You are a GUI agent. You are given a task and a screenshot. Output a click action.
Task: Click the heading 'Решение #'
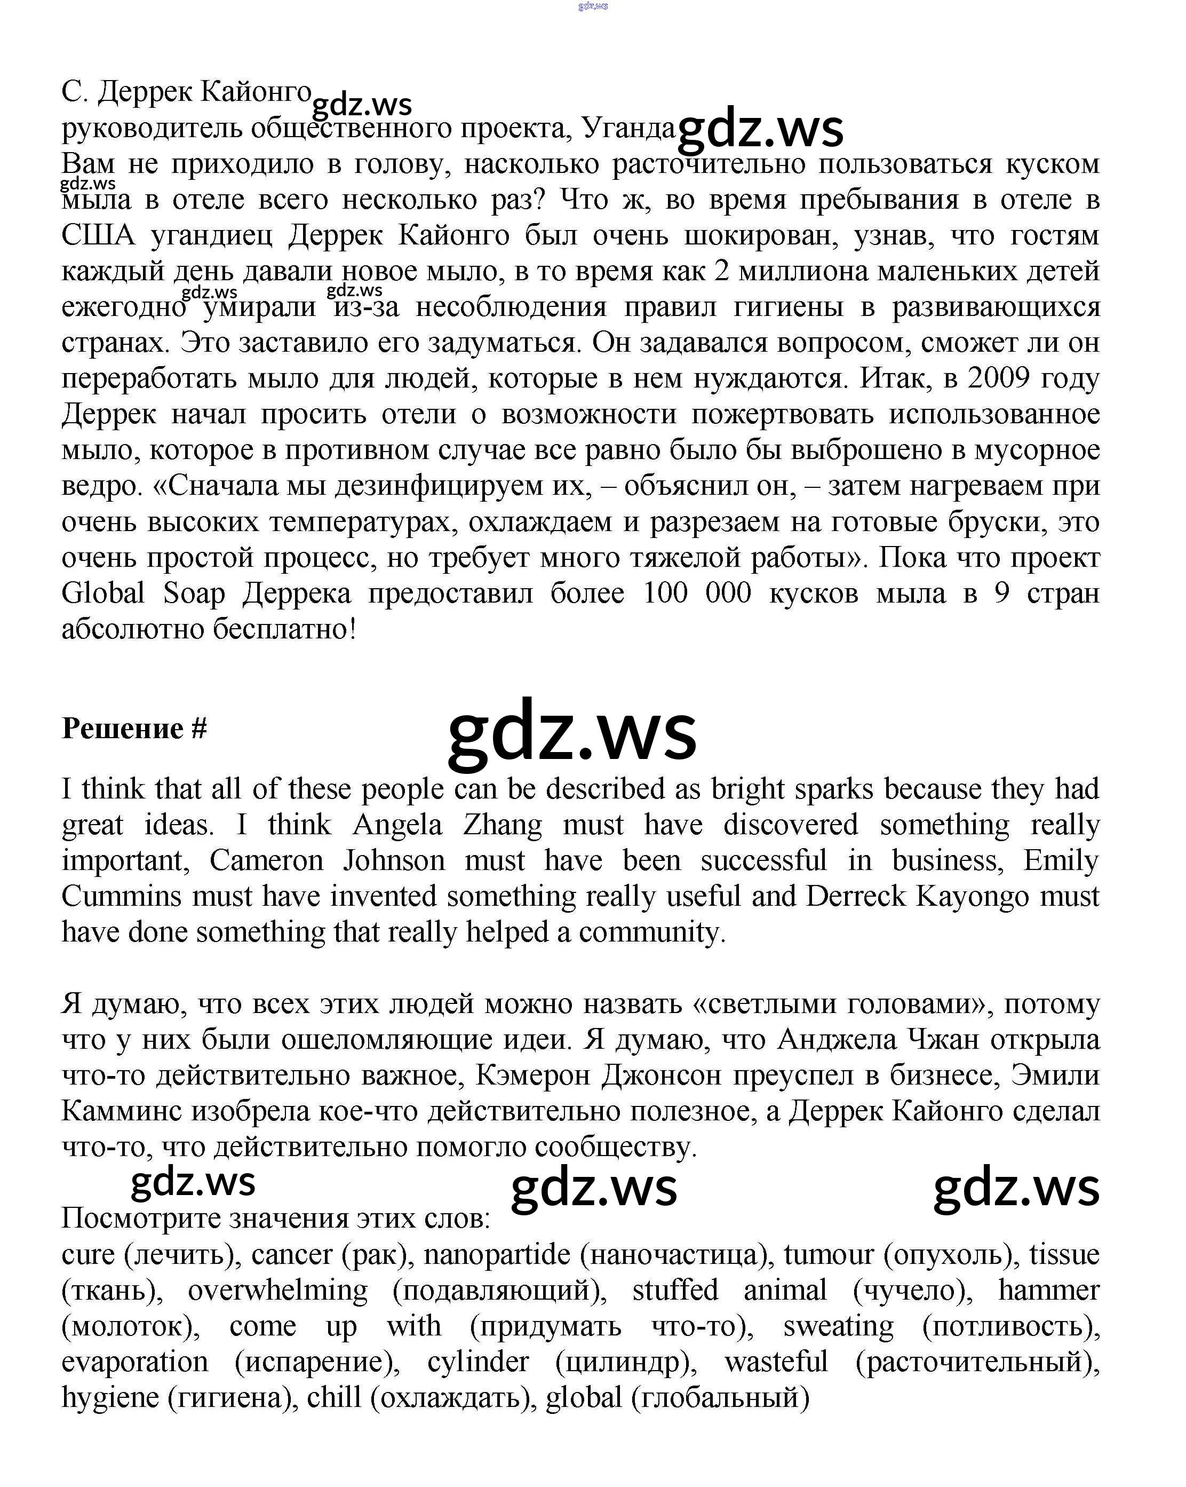(x=134, y=729)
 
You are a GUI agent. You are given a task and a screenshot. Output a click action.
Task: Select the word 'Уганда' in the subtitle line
(x=628, y=128)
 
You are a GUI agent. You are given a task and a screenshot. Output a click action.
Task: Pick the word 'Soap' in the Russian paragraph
(x=194, y=593)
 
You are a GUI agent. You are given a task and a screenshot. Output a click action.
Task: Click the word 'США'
(x=98, y=235)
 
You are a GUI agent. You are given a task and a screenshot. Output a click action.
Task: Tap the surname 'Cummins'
(x=121, y=897)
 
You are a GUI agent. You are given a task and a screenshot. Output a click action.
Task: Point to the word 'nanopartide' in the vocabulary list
(x=497, y=1255)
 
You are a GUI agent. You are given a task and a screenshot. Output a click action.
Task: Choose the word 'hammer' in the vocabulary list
(x=1048, y=1291)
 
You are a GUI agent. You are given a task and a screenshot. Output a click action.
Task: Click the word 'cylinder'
(x=478, y=1362)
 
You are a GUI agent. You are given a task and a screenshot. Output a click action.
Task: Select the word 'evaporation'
(x=135, y=1362)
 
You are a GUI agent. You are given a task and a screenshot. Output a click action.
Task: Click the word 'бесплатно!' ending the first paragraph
(x=284, y=629)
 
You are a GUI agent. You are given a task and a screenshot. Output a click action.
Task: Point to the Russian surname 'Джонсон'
(x=661, y=1075)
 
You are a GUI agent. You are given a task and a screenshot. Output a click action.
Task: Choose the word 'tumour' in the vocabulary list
(x=828, y=1255)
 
